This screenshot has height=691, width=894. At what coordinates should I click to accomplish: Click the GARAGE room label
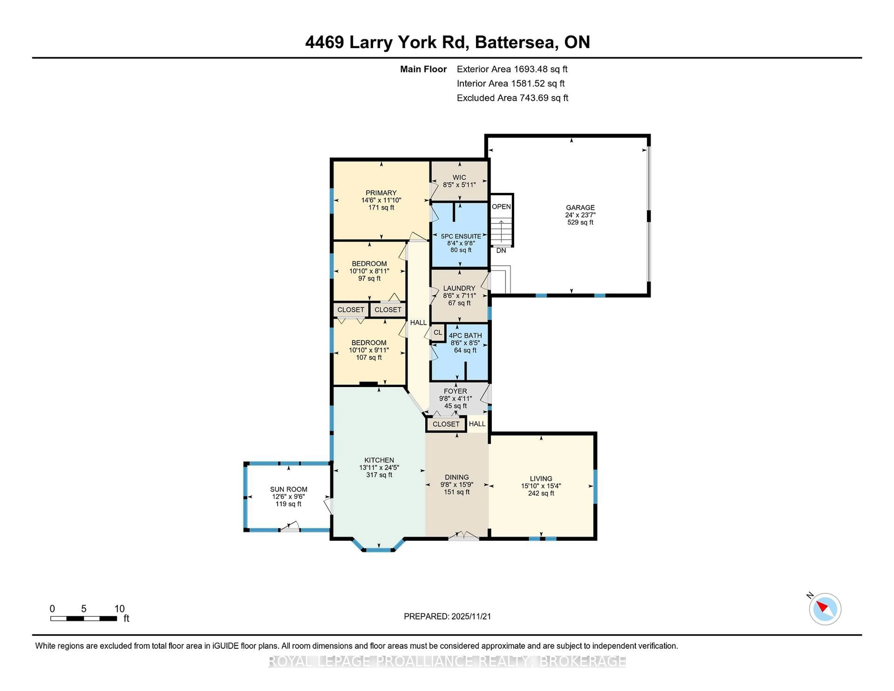(580, 207)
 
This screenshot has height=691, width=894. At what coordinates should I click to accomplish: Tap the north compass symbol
(825, 609)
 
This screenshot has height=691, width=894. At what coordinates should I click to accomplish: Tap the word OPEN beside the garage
(501, 207)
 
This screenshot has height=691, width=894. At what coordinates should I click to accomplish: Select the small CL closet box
(438, 332)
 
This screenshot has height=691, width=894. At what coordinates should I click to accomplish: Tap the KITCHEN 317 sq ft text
(379, 475)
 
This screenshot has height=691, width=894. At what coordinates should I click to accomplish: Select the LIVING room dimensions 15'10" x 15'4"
(541, 486)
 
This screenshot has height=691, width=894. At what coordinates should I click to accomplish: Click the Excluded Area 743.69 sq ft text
(512, 98)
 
